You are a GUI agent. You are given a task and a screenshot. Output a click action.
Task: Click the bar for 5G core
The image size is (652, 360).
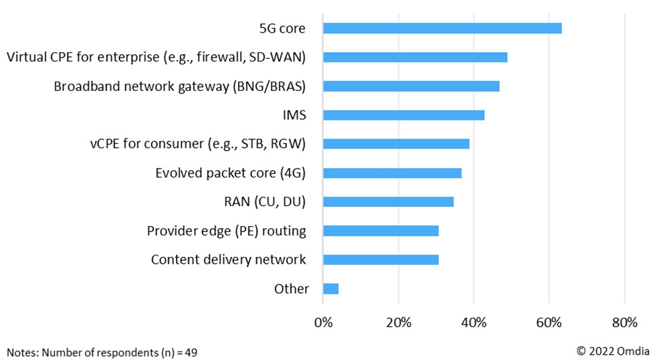(x=442, y=28)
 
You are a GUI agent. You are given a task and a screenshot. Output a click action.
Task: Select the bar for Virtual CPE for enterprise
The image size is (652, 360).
(x=415, y=57)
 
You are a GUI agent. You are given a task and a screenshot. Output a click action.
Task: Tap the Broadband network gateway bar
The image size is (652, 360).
(x=411, y=86)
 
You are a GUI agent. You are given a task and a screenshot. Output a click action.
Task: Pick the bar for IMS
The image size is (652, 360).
(x=403, y=115)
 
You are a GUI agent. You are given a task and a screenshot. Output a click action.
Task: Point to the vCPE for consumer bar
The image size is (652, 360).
(x=396, y=144)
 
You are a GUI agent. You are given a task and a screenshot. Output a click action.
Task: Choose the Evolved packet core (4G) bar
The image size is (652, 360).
(x=392, y=173)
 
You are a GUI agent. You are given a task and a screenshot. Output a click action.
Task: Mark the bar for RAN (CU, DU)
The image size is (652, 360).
(x=388, y=202)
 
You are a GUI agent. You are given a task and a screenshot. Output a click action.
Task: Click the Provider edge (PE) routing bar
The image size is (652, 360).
(x=381, y=231)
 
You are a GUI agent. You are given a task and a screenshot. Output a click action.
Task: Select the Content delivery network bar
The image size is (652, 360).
(x=381, y=260)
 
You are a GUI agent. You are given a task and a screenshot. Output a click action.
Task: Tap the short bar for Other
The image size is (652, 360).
(x=330, y=288)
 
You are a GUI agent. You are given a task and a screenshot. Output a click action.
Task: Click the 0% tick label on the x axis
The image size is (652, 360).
(x=323, y=323)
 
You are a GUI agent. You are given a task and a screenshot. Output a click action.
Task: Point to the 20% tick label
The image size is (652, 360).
(x=399, y=323)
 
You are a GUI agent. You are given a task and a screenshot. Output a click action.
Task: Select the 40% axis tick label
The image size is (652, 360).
(x=473, y=323)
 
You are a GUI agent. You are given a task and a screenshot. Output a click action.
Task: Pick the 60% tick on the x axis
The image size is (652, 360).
(x=549, y=323)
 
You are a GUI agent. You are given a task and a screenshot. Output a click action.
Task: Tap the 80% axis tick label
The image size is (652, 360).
(x=624, y=323)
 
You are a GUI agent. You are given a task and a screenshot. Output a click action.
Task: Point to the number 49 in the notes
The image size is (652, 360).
(x=191, y=351)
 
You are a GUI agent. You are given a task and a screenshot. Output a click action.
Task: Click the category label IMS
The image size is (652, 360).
(x=294, y=115)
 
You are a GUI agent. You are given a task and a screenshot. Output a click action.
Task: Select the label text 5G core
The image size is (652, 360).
(x=282, y=28)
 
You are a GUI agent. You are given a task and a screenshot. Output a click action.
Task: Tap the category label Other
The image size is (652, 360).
(x=292, y=289)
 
